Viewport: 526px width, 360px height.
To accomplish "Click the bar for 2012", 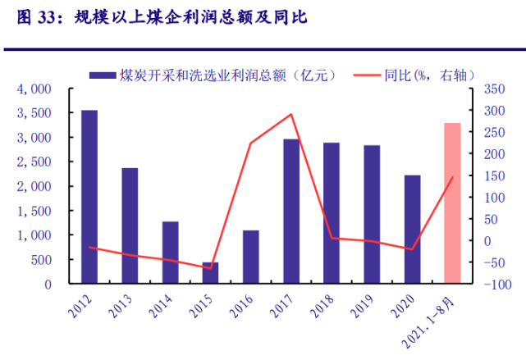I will [89, 197].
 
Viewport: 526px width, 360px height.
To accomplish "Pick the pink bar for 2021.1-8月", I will [452, 203].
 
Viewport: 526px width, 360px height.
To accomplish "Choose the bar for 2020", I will [412, 230].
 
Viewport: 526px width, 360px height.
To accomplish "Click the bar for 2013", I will [130, 226].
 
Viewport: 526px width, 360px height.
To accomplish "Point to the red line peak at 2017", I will [291, 115].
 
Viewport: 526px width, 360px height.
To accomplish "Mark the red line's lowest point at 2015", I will [211, 268].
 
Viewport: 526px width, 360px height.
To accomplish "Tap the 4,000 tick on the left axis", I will [35, 89].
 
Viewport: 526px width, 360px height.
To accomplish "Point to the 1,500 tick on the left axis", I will [35, 211].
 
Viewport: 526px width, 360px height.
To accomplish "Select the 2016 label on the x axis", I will [243, 308].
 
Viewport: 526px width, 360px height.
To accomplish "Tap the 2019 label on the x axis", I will [364, 308].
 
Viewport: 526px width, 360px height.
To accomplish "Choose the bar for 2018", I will [332, 213].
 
